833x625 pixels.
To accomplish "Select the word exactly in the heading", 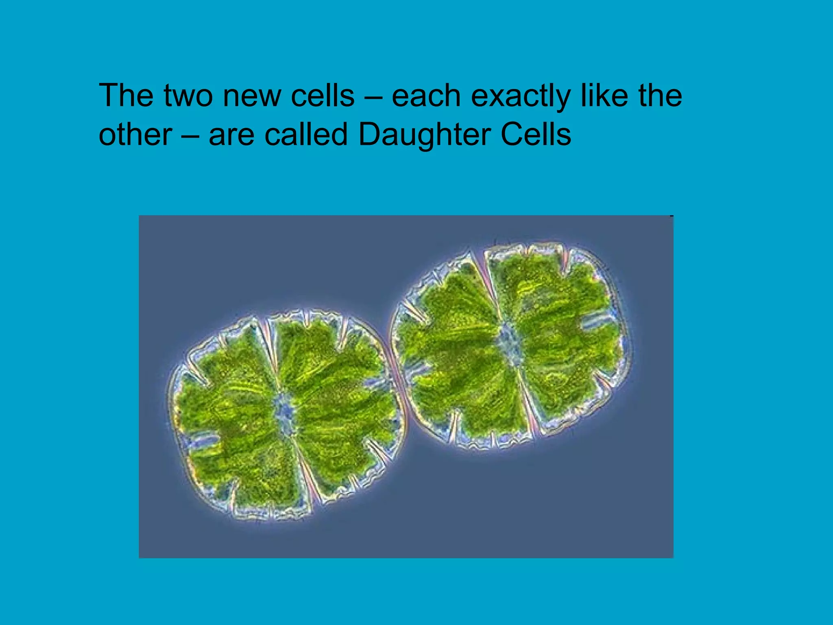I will click(521, 97).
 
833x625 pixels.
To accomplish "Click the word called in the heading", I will click(306, 134).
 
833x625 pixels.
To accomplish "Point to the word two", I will click(188, 96).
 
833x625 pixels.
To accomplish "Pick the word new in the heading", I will click(252, 97).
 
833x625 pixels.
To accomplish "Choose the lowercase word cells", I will click(323, 96).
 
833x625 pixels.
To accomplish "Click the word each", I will click(426, 96).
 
